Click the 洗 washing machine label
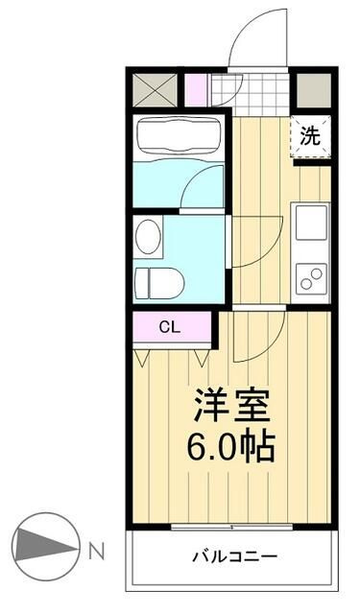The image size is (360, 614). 310,136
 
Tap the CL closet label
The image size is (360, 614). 169,327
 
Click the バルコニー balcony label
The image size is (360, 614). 234,556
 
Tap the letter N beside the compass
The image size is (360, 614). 96,551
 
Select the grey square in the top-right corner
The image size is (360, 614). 312,89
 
